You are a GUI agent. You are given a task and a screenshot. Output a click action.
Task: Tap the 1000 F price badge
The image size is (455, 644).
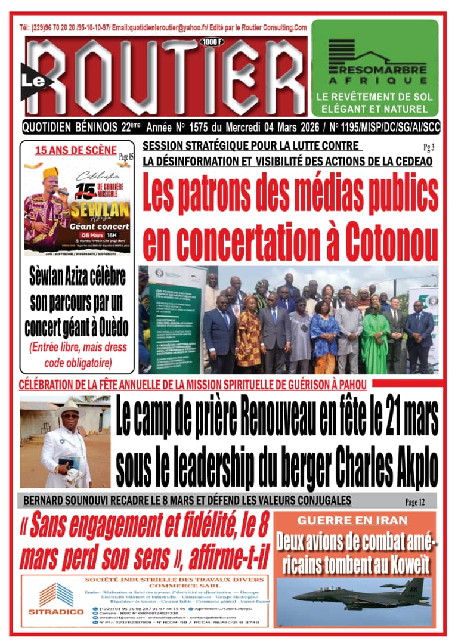(x=210, y=42)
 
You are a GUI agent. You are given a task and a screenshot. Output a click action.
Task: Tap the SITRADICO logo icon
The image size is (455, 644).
(x=57, y=595)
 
